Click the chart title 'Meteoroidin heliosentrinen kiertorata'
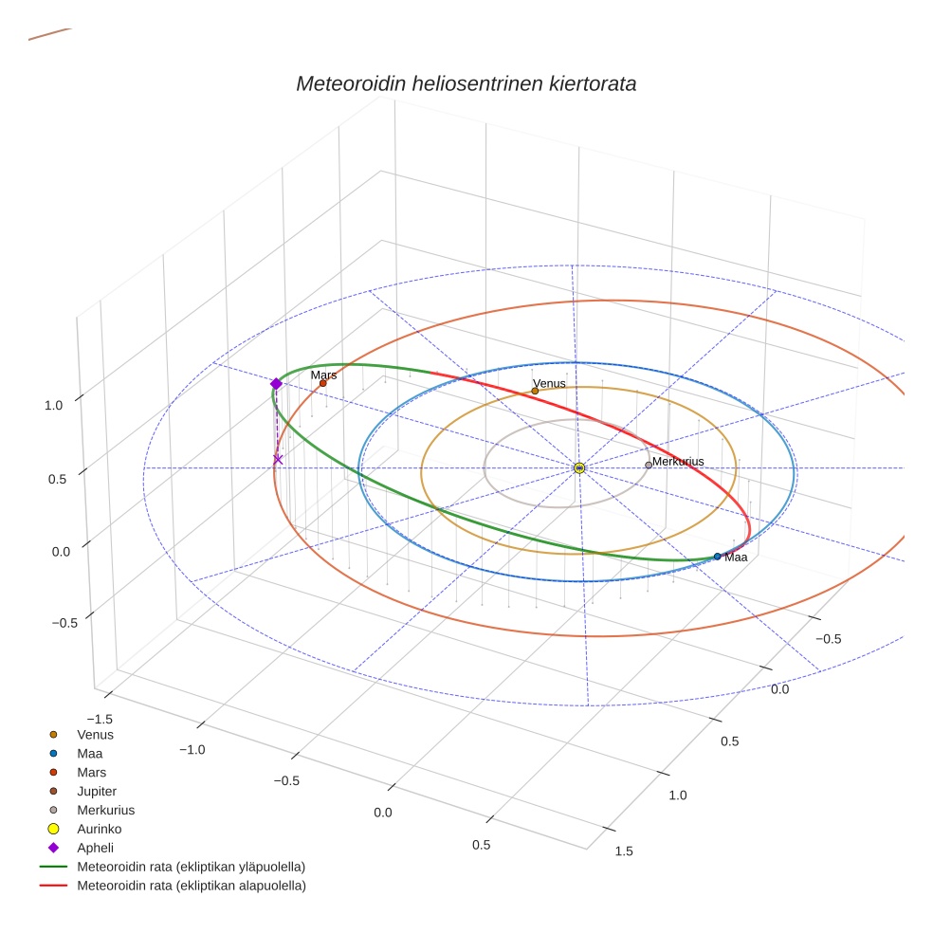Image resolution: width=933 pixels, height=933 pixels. (466, 83)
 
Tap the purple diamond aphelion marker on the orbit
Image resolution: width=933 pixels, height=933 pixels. (276, 384)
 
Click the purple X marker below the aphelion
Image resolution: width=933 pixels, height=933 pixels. (278, 459)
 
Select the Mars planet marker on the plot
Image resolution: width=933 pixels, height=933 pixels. (323, 383)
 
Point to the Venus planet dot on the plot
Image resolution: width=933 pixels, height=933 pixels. (535, 391)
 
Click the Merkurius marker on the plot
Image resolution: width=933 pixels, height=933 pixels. (649, 465)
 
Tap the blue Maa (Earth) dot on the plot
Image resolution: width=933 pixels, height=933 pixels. (717, 556)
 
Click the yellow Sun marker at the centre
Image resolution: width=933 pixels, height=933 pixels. (579, 467)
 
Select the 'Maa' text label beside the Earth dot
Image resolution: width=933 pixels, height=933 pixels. (736, 558)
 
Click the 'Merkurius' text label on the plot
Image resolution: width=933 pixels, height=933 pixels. (678, 461)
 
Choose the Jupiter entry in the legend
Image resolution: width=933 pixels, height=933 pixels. (96, 791)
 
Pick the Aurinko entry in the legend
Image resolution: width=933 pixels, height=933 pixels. (99, 829)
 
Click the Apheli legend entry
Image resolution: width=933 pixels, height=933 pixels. (95, 848)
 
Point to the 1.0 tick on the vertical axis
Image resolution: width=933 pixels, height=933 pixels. (53, 405)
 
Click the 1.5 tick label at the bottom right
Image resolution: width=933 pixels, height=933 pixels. (624, 851)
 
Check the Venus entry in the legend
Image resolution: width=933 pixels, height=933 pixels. (95, 734)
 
